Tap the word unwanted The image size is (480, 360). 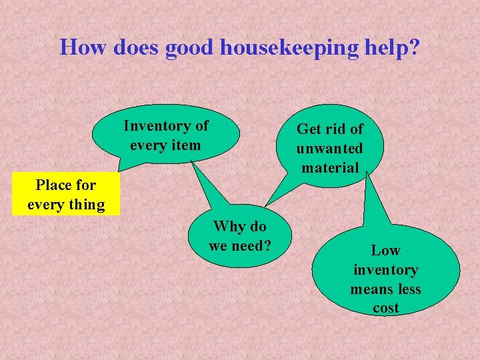click(x=330, y=148)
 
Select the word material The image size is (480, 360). click(x=330, y=167)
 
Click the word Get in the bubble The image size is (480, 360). click(x=309, y=129)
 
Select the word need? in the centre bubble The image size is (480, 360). click(x=253, y=245)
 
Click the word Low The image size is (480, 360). click(x=385, y=251)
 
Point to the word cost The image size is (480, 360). click(x=385, y=309)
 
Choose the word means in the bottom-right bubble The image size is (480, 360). click(x=371, y=289)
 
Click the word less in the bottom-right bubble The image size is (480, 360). click(x=409, y=289)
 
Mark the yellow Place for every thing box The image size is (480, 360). click(x=66, y=195)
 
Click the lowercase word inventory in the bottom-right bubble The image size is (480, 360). click(x=385, y=270)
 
